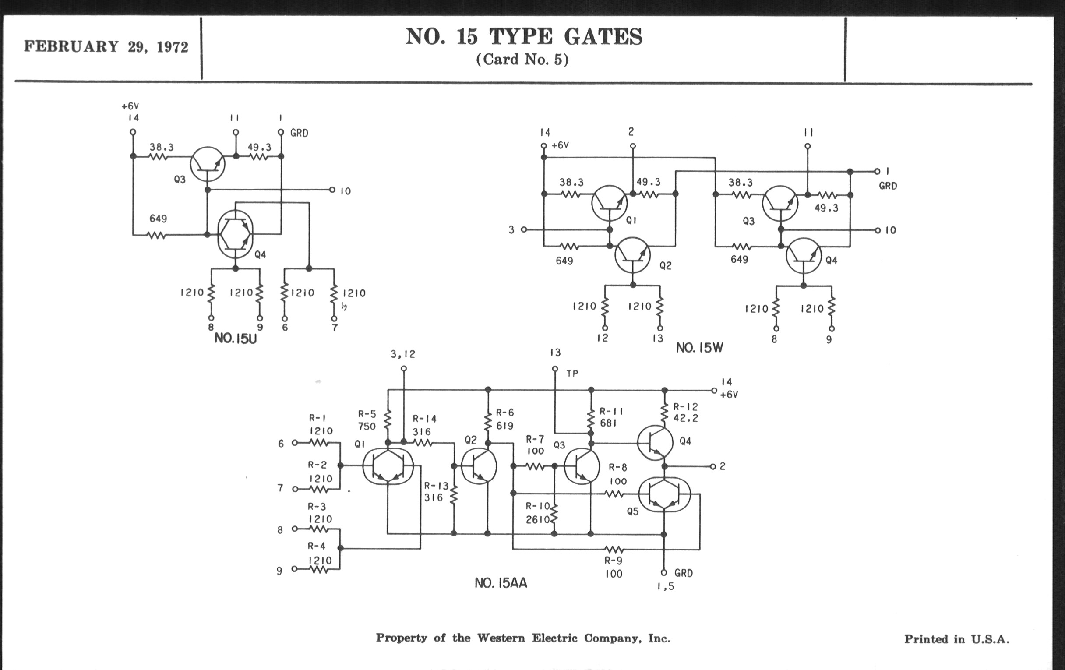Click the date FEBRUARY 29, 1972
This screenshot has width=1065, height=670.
pos(106,47)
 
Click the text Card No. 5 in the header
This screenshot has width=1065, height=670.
pos(522,60)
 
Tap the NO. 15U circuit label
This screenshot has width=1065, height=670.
pos(235,339)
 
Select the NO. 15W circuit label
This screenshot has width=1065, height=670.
pos(699,348)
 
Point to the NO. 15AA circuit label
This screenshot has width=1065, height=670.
pos(501,583)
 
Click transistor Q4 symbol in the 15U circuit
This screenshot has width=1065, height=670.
pos(235,234)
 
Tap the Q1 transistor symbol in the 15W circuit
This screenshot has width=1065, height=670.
pos(610,203)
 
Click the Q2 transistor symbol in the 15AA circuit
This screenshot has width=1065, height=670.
pos(479,466)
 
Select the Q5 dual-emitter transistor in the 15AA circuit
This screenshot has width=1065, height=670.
pos(664,494)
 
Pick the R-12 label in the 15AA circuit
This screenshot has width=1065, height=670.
pos(685,406)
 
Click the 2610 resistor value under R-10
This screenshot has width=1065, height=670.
pos(537,520)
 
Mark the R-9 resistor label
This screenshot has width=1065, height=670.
pos(614,561)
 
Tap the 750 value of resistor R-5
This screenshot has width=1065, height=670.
pos(367,427)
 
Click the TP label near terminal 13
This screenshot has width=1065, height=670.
pos(572,374)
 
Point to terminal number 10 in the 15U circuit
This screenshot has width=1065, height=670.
pos(346,191)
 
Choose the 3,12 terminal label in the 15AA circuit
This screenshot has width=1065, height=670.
pos(403,354)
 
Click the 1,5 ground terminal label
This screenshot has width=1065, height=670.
pos(666,586)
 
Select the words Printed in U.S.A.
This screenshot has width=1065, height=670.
pos(957,639)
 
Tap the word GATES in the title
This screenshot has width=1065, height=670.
pos(603,37)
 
